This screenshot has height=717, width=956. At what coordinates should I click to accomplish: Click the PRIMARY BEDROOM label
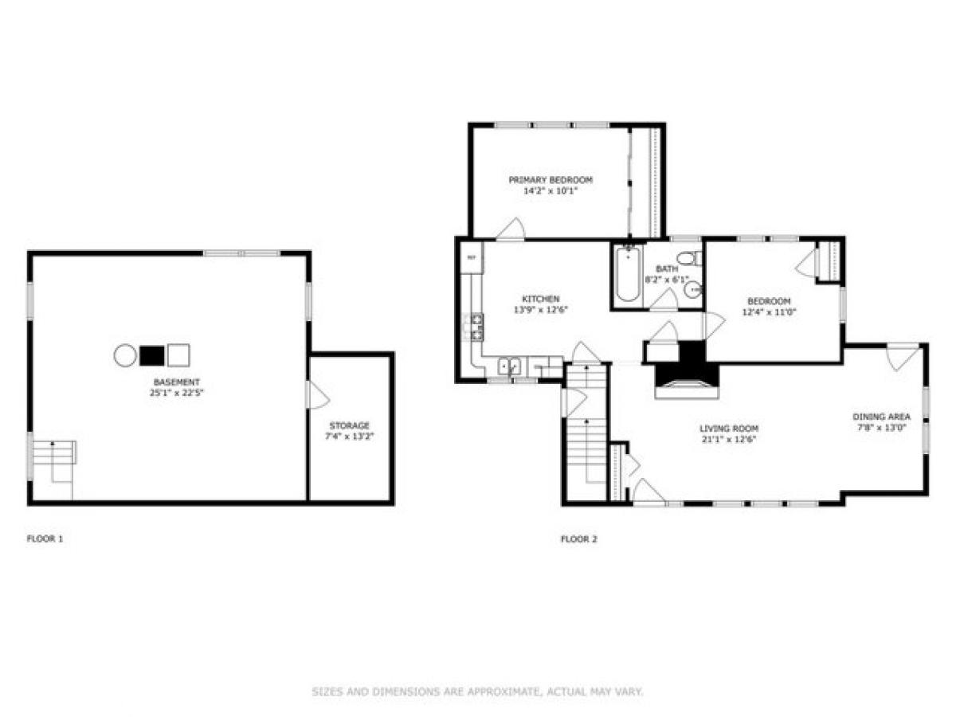point(550,180)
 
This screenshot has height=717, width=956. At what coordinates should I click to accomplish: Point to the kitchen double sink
point(509,366)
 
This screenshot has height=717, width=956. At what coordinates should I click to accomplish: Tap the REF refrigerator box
point(471,257)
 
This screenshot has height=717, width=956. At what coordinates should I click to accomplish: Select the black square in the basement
point(151,355)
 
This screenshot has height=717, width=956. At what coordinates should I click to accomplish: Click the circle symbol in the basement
point(125,355)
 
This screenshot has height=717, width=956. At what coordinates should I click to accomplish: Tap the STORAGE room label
point(350,425)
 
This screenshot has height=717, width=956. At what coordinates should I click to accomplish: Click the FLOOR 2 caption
point(578,539)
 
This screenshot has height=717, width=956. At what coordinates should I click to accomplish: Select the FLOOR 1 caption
point(45,539)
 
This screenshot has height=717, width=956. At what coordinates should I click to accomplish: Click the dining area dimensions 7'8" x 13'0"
point(880,427)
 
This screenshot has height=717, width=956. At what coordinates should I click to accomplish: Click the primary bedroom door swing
point(510,229)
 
